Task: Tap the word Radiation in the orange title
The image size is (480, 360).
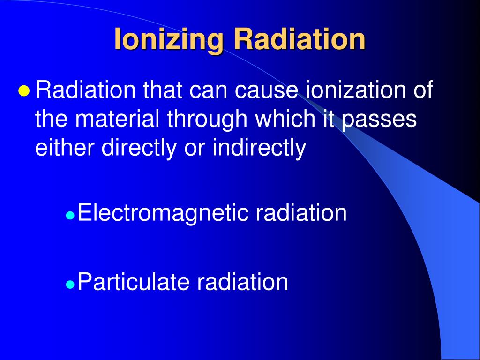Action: tap(300, 39)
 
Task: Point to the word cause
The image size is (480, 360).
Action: tap(266, 90)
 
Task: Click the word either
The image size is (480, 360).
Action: tap(66, 148)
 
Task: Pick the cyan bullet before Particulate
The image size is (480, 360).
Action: tap(70, 284)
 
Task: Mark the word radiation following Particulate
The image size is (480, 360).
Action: tap(242, 282)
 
